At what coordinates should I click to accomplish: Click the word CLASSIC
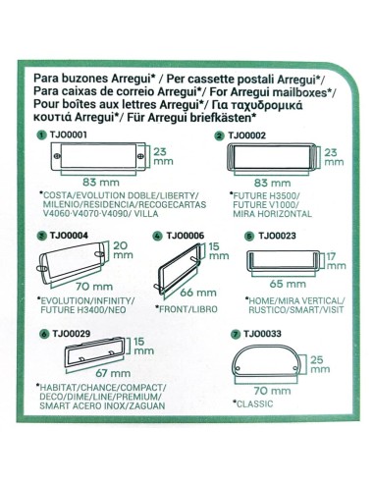tap(252, 403)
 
